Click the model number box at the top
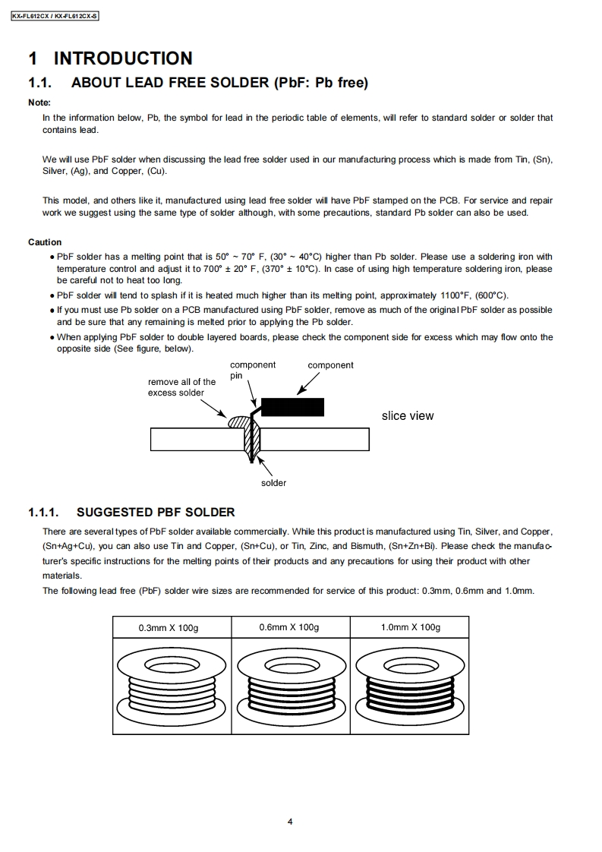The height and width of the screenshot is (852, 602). click(x=55, y=16)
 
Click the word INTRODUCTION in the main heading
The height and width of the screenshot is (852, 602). click(x=122, y=58)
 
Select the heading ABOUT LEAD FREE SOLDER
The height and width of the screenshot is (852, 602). click(x=219, y=83)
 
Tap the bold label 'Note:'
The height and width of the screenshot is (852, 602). click(x=39, y=103)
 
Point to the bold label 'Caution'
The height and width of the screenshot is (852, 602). click(x=45, y=242)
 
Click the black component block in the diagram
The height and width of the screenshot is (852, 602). click(x=293, y=407)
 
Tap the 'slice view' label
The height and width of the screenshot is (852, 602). click(x=408, y=415)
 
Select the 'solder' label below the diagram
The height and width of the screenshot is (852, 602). click(x=273, y=483)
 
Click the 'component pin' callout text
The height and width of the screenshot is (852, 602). click(x=252, y=370)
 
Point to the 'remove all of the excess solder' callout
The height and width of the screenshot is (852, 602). click(x=181, y=387)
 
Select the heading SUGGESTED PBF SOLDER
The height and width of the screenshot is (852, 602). click(x=156, y=513)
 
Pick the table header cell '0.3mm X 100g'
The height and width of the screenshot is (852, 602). click(x=173, y=627)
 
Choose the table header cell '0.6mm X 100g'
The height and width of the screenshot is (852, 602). click(x=289, y=627)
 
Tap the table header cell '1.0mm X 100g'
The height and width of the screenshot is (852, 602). click(x=410, y=627)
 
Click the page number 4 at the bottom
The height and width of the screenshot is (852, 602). click(x=291, y=822)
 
